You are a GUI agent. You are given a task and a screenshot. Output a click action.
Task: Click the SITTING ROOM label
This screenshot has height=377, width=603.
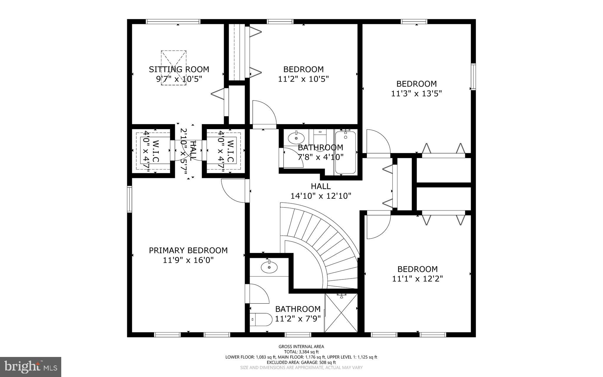pos(179,70)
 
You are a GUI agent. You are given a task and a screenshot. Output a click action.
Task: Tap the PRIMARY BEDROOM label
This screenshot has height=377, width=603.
pos(188,251)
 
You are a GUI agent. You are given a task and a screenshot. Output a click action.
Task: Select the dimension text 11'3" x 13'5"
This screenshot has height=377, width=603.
pos(416,94)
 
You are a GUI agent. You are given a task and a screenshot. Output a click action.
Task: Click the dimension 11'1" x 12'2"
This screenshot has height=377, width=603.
pos(418,279)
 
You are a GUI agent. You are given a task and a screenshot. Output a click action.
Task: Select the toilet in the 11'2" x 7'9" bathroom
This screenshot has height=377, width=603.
pos(261,320)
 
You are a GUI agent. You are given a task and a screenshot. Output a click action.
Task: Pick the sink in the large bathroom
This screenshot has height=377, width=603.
pos(269,267)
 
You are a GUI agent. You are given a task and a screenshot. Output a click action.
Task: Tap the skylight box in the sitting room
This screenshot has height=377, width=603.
pos(174,68)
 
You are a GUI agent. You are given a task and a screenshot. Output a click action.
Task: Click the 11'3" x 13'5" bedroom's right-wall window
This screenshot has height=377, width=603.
pos(473,77)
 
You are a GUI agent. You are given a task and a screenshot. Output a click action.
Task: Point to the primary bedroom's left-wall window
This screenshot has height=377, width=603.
pos(129,199)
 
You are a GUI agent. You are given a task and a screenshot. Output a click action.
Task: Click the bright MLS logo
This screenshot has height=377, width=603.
pos(31,367)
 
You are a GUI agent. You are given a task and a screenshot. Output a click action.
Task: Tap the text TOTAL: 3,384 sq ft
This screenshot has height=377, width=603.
pos(301,352)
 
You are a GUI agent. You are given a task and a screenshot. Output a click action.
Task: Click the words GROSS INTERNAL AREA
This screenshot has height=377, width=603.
pos(301,347)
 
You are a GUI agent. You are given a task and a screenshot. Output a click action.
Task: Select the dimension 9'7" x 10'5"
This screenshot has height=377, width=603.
pos(179,79)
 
